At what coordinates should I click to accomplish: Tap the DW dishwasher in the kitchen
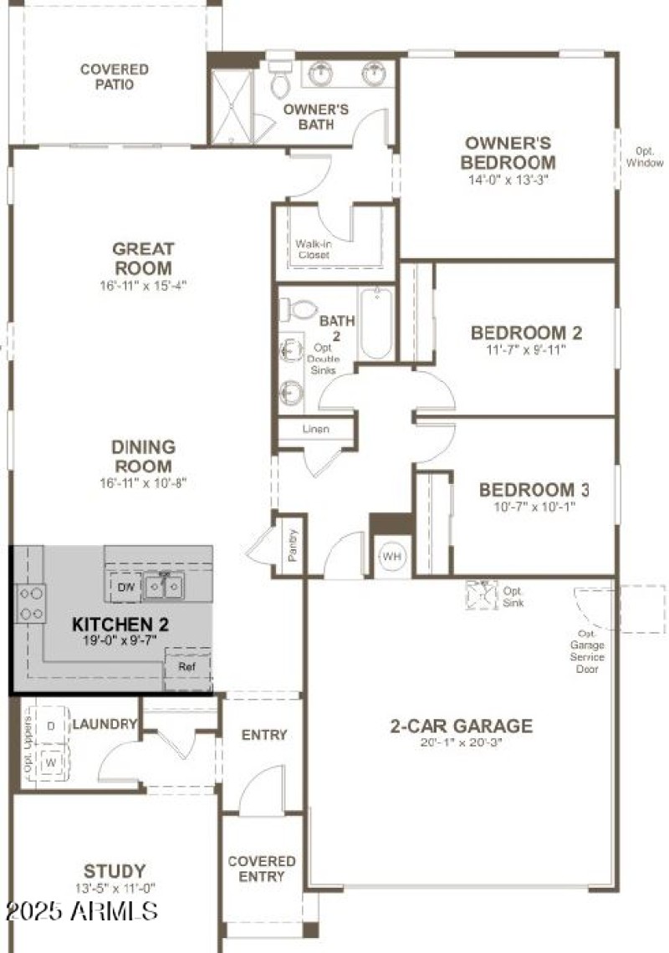coord(126,588)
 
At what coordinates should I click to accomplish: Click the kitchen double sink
coord(164,589)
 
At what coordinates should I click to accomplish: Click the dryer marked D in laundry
coord(51,726)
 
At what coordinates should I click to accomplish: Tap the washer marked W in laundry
coord(51,763)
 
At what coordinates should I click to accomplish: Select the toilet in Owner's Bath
coord(279,81)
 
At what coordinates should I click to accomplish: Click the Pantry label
coord(293,545)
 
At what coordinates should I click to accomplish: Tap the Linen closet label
coord(314,429)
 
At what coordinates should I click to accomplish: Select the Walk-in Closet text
coord(312,249)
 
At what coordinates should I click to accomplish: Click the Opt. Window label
coord(645,157)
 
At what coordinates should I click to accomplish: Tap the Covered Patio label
coord(115,77)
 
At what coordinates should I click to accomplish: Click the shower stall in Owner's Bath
coord(231,106)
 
